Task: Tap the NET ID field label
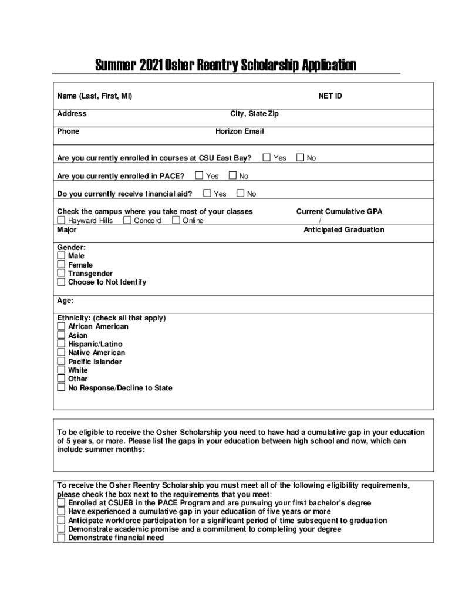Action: (x=330, y=96)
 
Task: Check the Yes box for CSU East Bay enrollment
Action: (x=267, y=157)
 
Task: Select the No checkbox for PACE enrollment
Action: (x=232, y=175)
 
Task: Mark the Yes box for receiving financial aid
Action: (x=207, y=193)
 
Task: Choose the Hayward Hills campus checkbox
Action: (x=61, y=220)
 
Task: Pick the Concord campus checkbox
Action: (x=127, y=220)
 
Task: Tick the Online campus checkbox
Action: (x=176, y=220)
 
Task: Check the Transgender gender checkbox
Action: (x=61, y=273)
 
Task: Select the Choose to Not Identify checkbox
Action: (x=61, y=282)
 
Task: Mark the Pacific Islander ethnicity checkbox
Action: (x=61, y=361)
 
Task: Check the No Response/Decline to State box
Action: (x=61, y=387)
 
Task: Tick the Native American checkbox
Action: (x=61, y=352)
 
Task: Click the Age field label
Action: (x=65, y=300)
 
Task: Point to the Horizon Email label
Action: (x=240, y=131)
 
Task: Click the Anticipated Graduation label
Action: (x=343, y=229)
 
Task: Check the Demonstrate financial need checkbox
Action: (x=61, y=538)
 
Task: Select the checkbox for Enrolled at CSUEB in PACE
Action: (x=61, y=502)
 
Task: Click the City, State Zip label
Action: (x=254, y=114)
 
